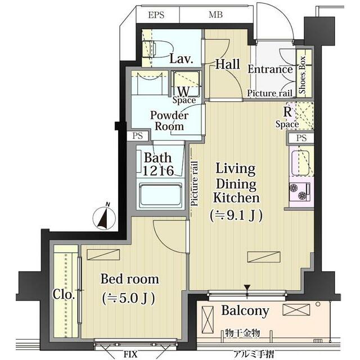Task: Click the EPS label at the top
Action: click(156, 15)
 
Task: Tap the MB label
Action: click(215, 15)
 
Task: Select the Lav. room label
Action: click(181, 58)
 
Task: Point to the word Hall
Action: click(227, 64)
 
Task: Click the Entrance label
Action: click(270, 69)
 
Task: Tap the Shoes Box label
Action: click(303, 75)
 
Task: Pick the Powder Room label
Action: click(169, 121)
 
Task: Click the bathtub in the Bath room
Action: click(161, 195)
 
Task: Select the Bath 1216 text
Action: click(158, 164)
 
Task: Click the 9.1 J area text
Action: click(236, 215)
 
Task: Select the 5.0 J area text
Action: click(129, 299)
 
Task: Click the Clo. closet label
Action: click(64, 294)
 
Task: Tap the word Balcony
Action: click(245, 311)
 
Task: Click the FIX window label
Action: click(130, 354)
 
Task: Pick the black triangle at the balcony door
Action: click(247, 287)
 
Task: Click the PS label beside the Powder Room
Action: click(137, 136)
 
